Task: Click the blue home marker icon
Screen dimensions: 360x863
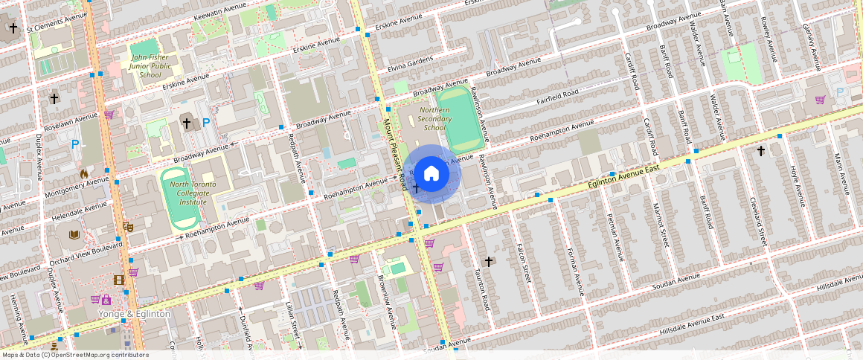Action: (x=431, y=174)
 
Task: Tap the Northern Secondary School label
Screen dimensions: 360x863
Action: (x=434, y=119)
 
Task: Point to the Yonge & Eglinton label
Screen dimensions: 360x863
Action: (x=135, y=314)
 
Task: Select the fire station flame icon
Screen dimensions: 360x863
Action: (x=84, y=173)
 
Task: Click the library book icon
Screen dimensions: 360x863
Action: (x=74, y=235)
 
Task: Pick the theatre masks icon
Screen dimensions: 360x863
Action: (x=127, y=225)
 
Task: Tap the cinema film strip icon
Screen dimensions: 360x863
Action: (x=119, y=280)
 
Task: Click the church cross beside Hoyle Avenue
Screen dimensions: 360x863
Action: (x=760, y=151)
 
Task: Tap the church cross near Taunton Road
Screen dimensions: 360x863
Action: (x=489, y=262)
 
